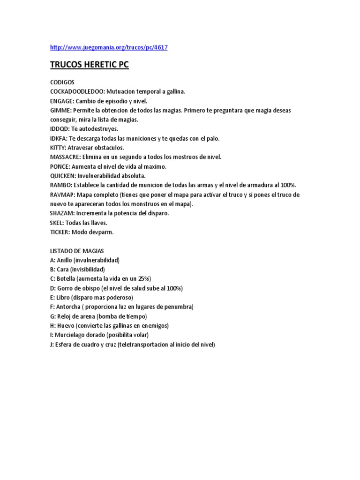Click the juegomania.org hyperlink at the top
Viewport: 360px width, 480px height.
coord(108,47)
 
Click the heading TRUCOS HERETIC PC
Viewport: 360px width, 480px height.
coord(89,65)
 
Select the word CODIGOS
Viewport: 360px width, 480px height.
coord(62,82)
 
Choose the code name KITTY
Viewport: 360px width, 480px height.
coord(59,148)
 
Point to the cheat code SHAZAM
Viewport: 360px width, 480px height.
coord(62,213)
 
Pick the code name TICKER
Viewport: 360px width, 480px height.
coord(60,232)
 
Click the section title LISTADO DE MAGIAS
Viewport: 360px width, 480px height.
coord(77,251)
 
